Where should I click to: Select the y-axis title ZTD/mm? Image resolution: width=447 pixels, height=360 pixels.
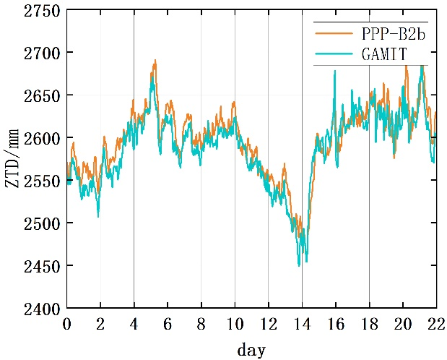tap(14, 160)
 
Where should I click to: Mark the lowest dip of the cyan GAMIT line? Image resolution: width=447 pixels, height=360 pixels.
tap(299, 266)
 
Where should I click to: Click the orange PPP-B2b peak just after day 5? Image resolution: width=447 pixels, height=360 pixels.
tap(155, 61)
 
